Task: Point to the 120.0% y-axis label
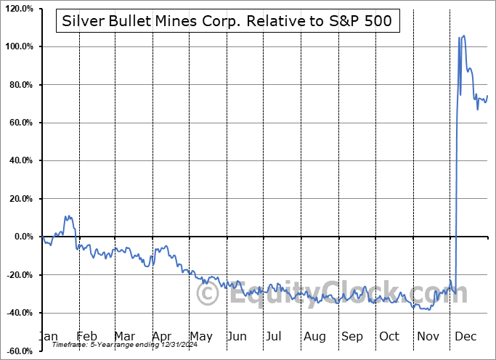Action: click(18, 9)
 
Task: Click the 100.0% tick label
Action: click(18, 46)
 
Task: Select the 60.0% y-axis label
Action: click(20, 123)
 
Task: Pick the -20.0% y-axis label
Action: click(18, 275)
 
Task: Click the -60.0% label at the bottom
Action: click(18, 351)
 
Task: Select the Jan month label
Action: click(48, 336)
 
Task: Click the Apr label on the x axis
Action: click(161, 336)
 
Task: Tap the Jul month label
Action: click(275, 336)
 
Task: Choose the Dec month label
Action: click(465, 336)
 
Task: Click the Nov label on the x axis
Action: click(428, 336)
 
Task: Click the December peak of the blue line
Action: click(464, 36)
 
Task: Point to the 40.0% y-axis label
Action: click(20, 160)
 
